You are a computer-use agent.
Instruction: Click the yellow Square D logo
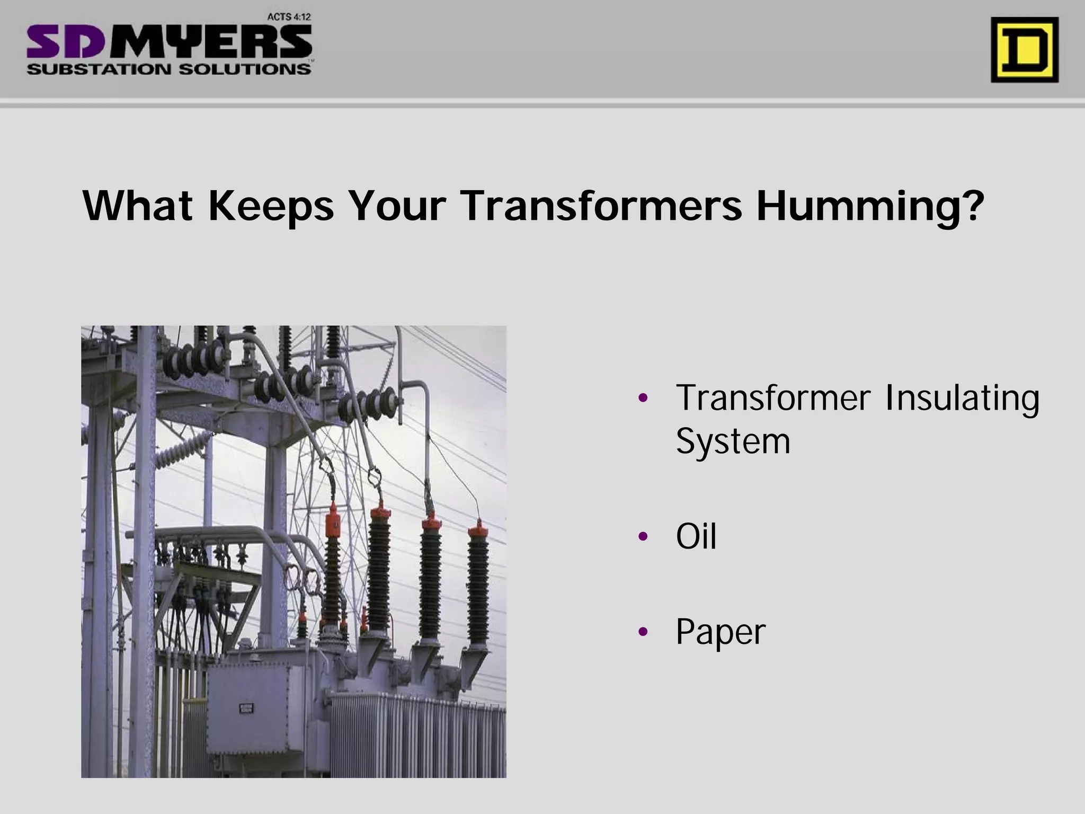(1025, 50)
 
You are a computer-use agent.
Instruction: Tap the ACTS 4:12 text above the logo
(289, 17)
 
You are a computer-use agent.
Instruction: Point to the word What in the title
(137, 206)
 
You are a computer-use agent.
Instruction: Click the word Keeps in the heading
(271, 207)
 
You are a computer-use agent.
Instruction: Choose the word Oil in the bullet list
(696, 536)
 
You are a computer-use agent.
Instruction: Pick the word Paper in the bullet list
(721, 632)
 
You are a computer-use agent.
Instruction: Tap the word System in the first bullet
(733, 441)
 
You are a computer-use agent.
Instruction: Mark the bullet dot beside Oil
(643, 537)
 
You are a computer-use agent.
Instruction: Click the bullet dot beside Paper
(643, 631)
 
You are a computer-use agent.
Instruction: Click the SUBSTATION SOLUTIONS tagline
(168, 69)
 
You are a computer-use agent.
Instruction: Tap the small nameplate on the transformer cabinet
(247, 708)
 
